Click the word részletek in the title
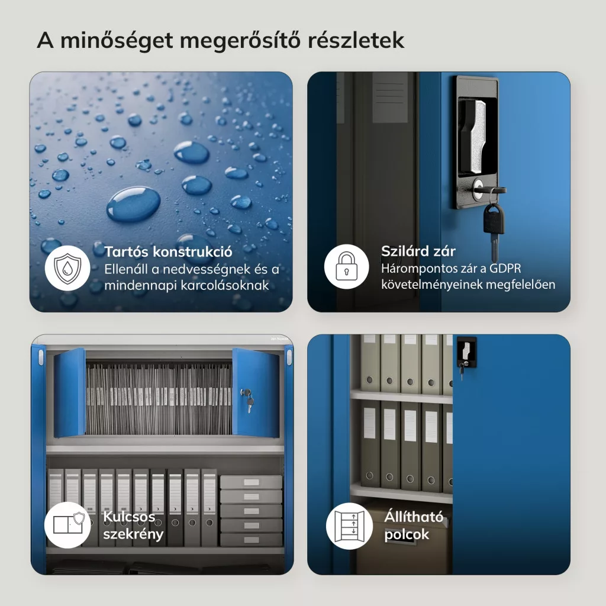(x=356, y=40)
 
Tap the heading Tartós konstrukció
(x=168, y=252)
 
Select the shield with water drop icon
(x=67, y=268)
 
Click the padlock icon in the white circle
(x=346, y=266)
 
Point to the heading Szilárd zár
(x=418, y=251)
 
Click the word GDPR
(x=505, y=268)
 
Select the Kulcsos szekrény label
(x=133, y=526)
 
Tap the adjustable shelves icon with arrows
(x=349, y=526)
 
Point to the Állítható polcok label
(x=414, y=526)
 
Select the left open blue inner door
(x=70, y=393)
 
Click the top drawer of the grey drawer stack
(x=251, y=482)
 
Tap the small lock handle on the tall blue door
(x=466, y=353)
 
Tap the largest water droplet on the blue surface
(x=133, y=204)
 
